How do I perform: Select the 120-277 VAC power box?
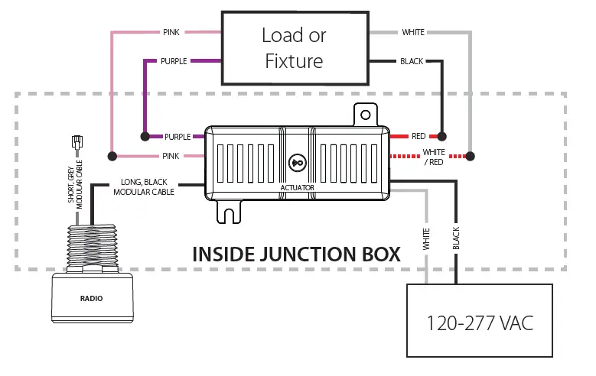479,322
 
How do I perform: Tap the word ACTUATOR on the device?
298,187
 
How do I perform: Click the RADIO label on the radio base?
92,298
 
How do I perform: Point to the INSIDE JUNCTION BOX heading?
296,254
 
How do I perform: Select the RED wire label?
419,137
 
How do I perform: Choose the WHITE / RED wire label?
434,157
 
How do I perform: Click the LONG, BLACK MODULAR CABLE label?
145,188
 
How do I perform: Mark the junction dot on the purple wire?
144,137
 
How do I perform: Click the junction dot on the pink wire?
113,157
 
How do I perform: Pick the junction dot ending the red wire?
441,137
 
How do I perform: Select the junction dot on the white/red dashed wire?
471,157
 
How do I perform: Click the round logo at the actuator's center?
298,163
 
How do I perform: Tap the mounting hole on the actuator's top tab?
366,115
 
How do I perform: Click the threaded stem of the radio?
92,245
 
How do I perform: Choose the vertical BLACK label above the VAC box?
456,239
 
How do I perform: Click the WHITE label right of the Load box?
413,32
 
